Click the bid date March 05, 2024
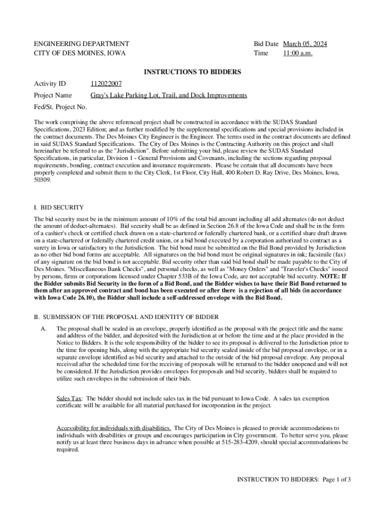[305, 44]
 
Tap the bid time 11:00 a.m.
[297, 53]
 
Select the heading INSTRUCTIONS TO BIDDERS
[192, 72]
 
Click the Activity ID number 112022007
[106, 83]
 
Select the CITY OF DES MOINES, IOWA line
[79, 53]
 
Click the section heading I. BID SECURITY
[58, 207]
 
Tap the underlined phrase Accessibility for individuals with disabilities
[114, 428]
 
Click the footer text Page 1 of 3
[336, 479]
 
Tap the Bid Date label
[266, 44]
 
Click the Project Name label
[52, 95]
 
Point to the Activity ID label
[49, 83]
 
